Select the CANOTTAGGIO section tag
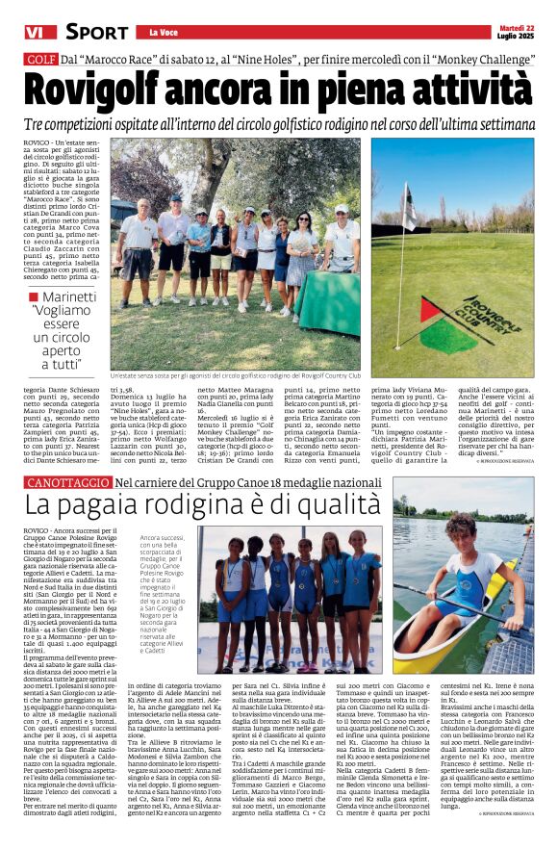tap(65, 480)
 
